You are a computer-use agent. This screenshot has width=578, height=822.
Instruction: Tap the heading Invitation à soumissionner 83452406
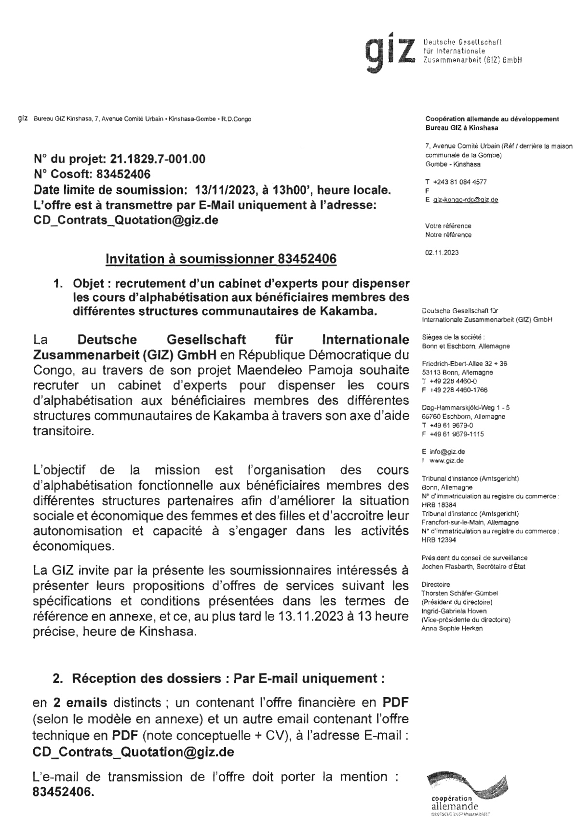pyautogui.click(x=221, y=259)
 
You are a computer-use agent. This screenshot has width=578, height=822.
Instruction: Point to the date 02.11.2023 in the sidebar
pyautogui.click(x=442, y=252)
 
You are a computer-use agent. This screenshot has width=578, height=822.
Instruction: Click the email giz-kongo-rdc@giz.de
pyautogui.click(x=465, y=199)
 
